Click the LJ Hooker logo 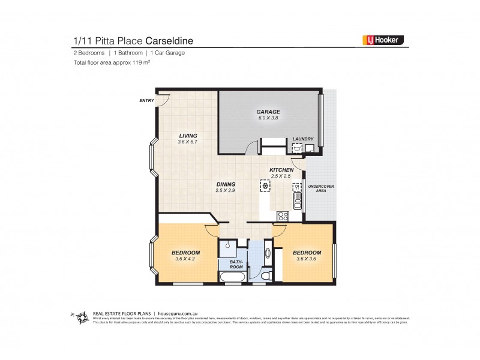tap(383, 40)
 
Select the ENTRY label tap(146, 100)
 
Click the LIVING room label tap(187, 136)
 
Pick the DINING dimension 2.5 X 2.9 tap(226, 190)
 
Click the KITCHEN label tap(281, 170)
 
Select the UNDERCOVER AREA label tap(321, 188)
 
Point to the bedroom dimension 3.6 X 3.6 tap(307, 259)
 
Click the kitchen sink tap(296, 193)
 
